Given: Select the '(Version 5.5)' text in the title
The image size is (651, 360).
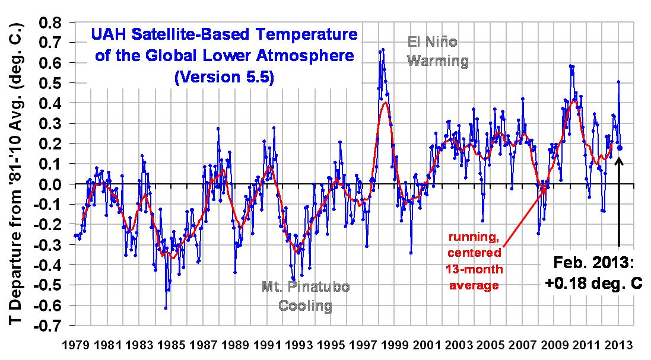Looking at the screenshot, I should [224, 78].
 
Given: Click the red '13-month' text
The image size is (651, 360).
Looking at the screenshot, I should [475, 269].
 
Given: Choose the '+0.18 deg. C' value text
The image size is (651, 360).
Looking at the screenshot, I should [593, 284].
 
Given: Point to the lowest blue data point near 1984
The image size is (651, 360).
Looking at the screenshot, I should [166, 308].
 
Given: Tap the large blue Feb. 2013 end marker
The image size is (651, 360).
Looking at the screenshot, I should [620, 148].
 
